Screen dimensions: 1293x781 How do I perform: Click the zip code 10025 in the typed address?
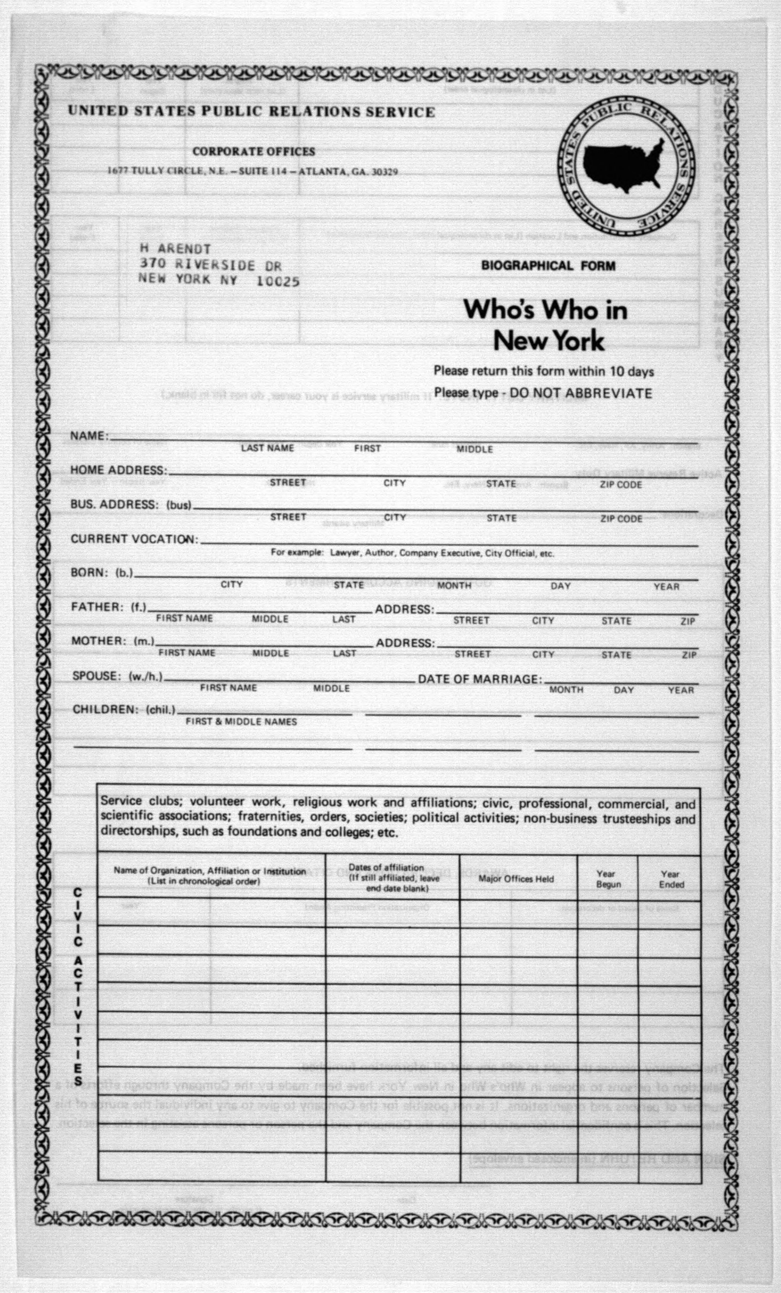pos(278,282)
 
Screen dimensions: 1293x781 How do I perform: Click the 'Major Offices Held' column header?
pos(516,879)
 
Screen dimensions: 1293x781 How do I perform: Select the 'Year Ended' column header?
pos(671,879)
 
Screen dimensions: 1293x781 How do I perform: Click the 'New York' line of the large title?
pos(549,341)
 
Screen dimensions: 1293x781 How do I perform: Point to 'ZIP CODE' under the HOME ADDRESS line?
pos(621,484)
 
